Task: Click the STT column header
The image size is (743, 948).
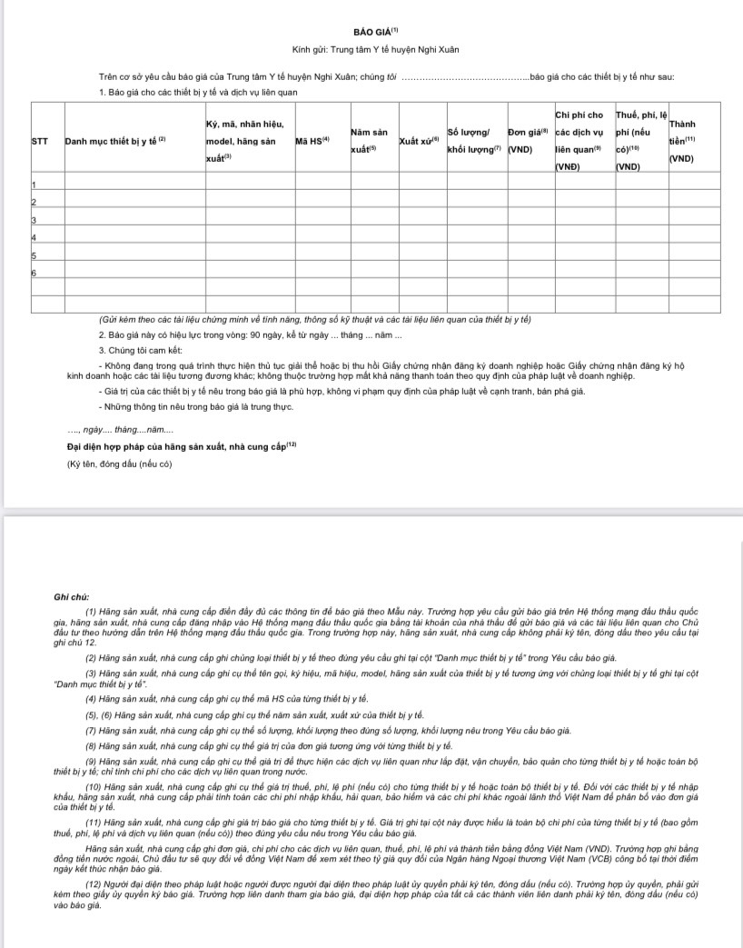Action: (x=40, y=142)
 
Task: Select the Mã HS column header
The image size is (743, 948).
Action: (x=311, y=142)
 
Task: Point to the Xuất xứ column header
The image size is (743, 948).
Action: (x=419, y=142)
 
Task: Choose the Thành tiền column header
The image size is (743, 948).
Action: (x=682, y=141)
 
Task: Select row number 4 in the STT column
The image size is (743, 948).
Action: (x=34, y=237)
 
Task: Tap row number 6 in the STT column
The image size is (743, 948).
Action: (x=34, y=272)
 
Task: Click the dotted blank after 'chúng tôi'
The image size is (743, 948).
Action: (x=464, y=76)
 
